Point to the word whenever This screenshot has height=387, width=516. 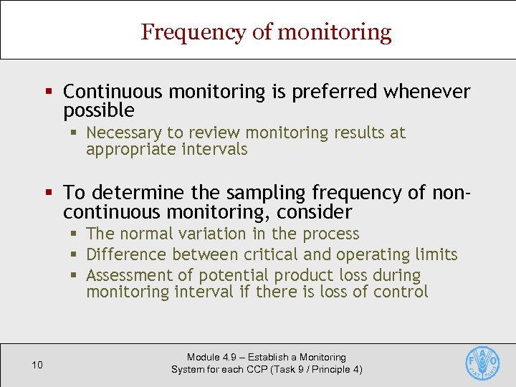427,92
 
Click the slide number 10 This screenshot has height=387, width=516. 37,365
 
